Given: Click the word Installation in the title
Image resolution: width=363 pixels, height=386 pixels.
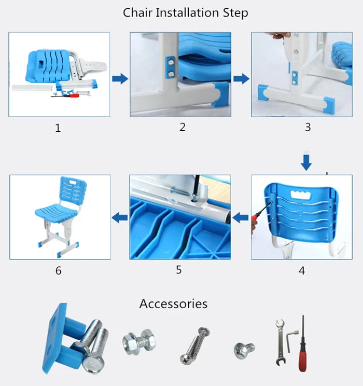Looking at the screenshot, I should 185,12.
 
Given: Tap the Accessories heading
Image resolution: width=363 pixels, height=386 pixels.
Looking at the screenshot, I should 173,304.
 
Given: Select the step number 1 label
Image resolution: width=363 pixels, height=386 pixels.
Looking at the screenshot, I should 58,128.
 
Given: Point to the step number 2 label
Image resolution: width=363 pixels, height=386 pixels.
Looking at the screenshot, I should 183,126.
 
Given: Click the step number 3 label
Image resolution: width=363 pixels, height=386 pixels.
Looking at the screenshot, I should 308,126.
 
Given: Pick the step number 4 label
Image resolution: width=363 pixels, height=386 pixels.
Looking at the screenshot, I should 302,270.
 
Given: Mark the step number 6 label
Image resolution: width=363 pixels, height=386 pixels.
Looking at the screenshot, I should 58,270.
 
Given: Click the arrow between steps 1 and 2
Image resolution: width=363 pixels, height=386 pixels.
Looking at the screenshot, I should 120,78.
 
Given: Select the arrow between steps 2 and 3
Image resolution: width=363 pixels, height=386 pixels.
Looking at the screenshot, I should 241,78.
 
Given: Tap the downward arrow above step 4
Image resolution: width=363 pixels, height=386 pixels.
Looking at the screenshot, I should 307,162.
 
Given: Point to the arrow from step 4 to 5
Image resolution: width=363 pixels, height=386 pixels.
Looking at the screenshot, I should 240,218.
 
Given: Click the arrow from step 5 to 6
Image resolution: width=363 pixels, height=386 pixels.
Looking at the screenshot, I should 120,218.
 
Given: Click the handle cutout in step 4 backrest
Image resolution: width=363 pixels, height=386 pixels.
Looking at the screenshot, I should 300,195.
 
